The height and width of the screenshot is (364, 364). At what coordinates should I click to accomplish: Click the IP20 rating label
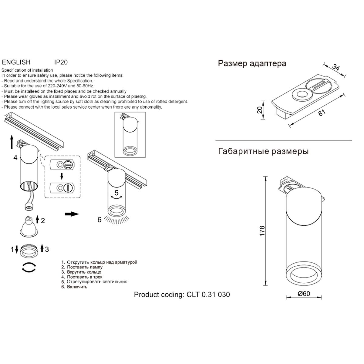tap(61, 62)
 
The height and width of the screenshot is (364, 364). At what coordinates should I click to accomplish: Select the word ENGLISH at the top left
tap(16, 62)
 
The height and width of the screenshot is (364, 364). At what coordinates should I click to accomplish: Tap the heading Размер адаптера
tap(252, 63)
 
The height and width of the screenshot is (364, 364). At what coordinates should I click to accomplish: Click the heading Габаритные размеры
tap(263, 151)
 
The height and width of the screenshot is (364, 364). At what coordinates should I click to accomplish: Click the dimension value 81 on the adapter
tap(322, 112)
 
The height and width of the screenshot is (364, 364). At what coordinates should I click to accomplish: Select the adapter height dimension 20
tap(259, 110)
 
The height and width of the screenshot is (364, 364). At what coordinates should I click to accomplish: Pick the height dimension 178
tap(263, 231)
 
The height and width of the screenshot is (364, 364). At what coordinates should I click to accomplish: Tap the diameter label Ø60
tap(304, 294)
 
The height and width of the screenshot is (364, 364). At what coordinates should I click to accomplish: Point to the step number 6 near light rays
tap(99, 220)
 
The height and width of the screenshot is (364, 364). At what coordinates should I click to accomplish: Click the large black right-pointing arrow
tap(72, 214)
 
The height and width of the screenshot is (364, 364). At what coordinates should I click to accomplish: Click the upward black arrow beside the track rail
tap(11, 141)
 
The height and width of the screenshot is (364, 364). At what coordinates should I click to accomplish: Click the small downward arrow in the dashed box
tap(62, 176)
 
